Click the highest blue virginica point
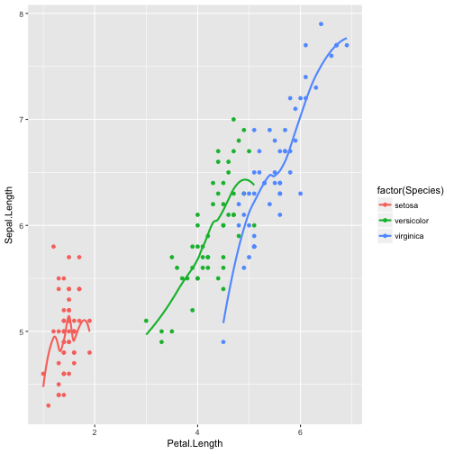point(321,24)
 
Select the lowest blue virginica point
point(223,341)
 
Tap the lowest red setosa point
point(48,405)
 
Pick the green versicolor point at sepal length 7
point(233,119)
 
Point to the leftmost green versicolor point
point(146,321)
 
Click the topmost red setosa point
point(53,246)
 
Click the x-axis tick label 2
point(95,430)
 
